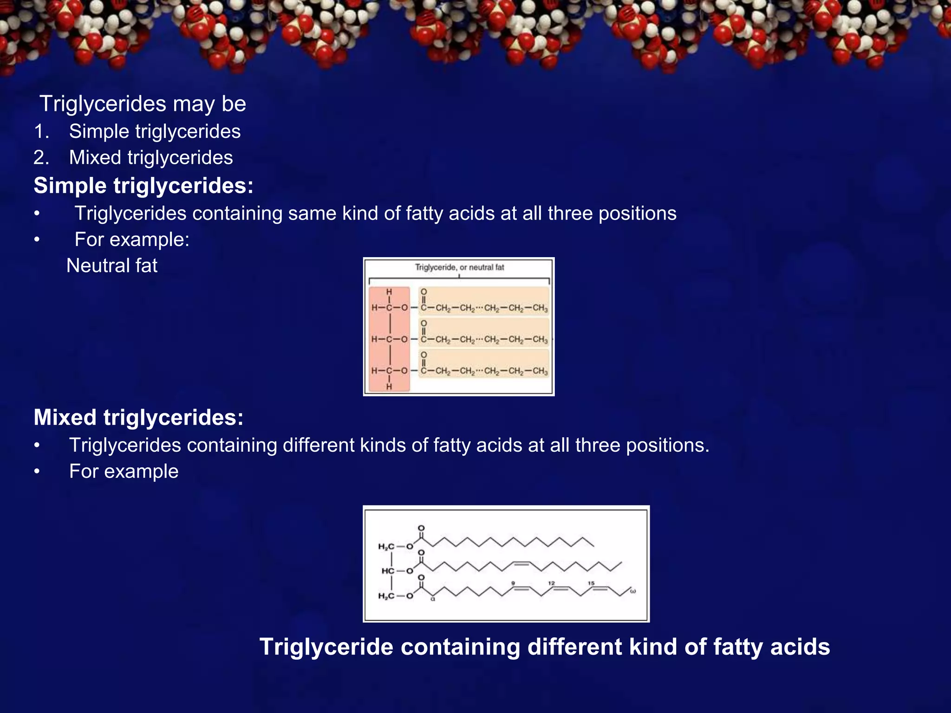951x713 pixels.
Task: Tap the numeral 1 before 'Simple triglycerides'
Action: point(41,132)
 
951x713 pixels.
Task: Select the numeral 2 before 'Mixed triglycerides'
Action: point(41,158)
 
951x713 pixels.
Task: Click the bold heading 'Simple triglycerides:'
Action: point(143,186)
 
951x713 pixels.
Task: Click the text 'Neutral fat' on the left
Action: point(112,266)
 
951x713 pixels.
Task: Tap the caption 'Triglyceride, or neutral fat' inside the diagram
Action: point(459,267)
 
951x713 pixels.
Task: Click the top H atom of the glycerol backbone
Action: point(389,292)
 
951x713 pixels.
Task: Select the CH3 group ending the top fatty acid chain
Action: point(540,308)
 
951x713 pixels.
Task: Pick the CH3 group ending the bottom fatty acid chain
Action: point(540,371)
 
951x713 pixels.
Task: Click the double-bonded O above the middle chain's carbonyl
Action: point(423,323)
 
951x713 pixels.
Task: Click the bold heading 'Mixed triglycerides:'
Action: point(138,417)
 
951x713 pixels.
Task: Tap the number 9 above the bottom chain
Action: point(513,583)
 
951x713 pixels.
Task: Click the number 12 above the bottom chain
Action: point(552,583)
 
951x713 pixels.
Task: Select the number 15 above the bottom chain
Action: point(591,583)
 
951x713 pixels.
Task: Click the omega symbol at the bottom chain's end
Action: point(633,591)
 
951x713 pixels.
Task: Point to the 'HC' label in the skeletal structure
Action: point(388,571)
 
